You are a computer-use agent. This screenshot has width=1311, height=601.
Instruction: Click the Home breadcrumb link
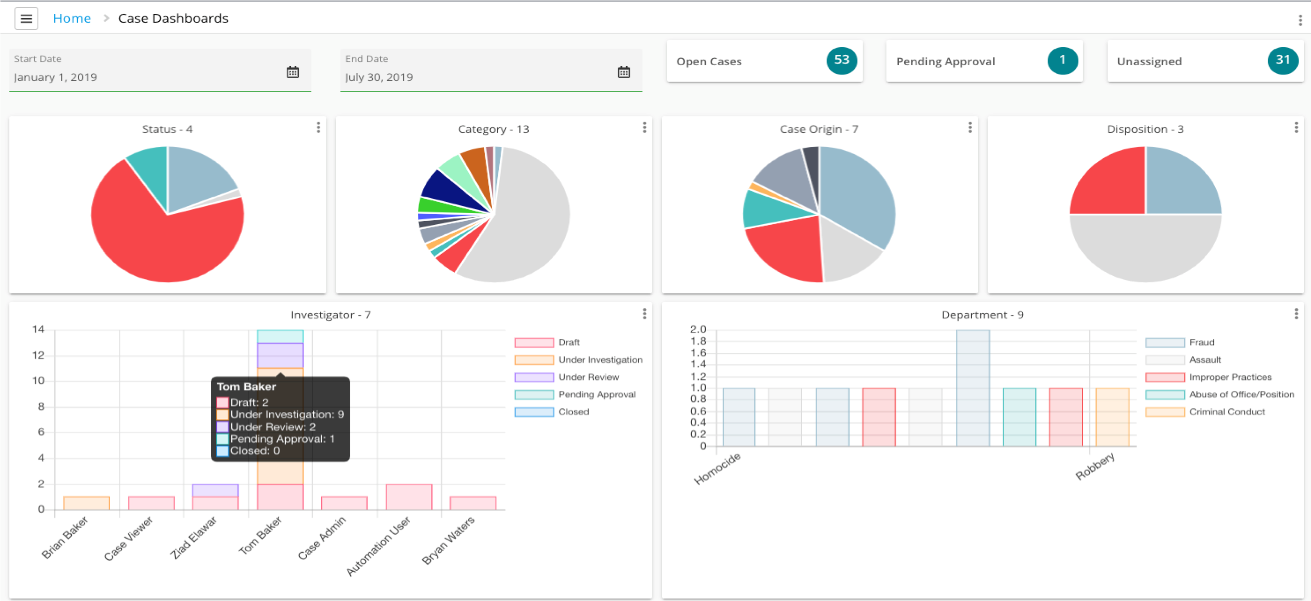72,19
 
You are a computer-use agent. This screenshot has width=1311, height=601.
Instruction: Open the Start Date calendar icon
293,72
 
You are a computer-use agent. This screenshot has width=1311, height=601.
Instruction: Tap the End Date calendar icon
623,72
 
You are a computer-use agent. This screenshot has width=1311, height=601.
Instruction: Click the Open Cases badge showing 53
841,60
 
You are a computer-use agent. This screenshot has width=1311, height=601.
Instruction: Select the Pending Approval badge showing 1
1062,60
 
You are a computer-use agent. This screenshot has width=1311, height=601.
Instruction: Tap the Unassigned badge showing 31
1283,60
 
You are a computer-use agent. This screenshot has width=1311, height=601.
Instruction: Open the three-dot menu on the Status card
318,128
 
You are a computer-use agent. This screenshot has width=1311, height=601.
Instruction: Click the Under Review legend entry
588,377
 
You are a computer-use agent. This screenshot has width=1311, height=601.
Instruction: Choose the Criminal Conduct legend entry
1226,412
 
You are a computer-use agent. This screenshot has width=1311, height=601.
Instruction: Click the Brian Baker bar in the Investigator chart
86,503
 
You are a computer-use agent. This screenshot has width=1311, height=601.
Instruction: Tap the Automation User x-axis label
379,545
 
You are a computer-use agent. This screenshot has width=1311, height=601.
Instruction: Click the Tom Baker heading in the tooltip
246,387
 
